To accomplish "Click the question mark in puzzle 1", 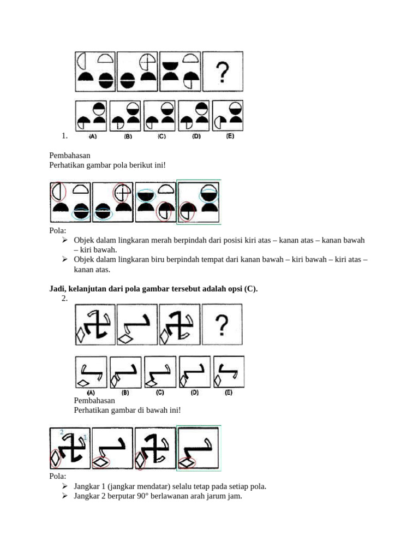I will pyautogui.click(x=223, y=72).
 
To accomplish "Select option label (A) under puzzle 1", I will pyautogui.click(x=93, y=136).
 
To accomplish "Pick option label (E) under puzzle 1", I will pyautogui.click(x=230, y=136).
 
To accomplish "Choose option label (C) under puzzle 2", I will pyautogui.click(x=160, y=393).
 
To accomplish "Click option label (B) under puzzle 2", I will pyautogui.click(x=125, y=393).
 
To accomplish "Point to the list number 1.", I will pyautogui.click(x=64, y=136).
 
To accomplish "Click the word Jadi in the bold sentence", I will pyautogui.click(x=58, y=289).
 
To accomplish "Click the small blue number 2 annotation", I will pyautogui.click(x=62, y=432).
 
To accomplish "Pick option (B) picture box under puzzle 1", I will pyautogui.click(x=125, y=116).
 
